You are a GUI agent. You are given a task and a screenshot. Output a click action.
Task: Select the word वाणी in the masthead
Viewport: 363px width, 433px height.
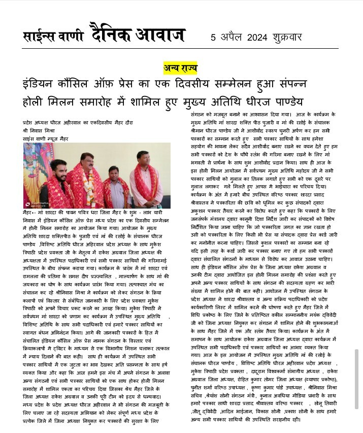click(x=67, y=37)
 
